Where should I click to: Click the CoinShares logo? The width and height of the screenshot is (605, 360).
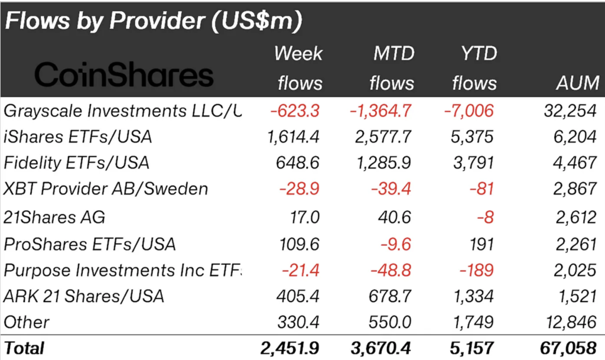(123, 76)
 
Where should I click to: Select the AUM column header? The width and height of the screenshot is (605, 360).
(577, 83)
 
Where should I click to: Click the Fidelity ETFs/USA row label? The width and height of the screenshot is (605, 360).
(76, 162)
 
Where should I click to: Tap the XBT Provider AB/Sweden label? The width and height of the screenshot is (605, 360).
(106, 189)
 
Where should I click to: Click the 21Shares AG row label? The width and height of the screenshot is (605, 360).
(54, 217)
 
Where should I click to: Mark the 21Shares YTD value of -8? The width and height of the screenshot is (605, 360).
(484, 217)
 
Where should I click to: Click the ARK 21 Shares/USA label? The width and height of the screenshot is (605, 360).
(83, 296)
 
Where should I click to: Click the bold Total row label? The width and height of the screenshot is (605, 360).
(24, 348)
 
